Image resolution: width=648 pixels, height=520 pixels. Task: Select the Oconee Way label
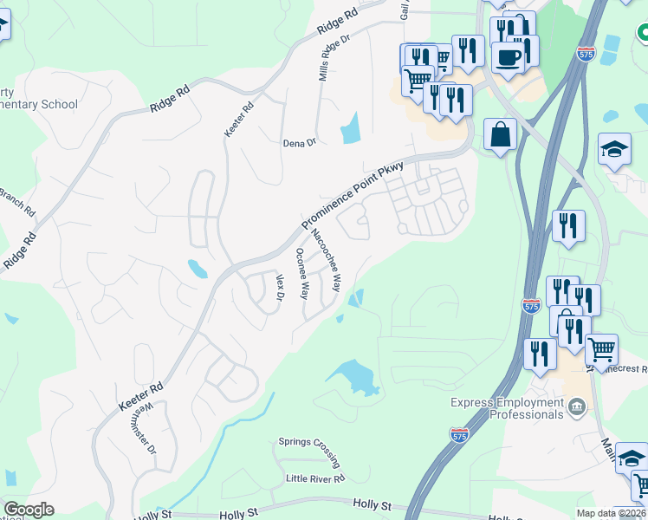coord(302,273)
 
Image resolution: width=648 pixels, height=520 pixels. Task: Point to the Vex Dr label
coord(280,288)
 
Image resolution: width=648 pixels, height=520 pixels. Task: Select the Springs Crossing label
coord(308,442)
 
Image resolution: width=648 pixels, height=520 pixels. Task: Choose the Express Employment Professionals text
coord(507,408)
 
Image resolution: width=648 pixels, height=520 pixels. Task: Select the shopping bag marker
coord(500,135)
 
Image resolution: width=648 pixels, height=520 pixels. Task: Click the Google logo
coord(28,510)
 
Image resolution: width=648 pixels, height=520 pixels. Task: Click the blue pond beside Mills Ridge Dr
coord(351,128)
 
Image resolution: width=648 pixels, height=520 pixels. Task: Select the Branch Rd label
coord(17,201)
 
